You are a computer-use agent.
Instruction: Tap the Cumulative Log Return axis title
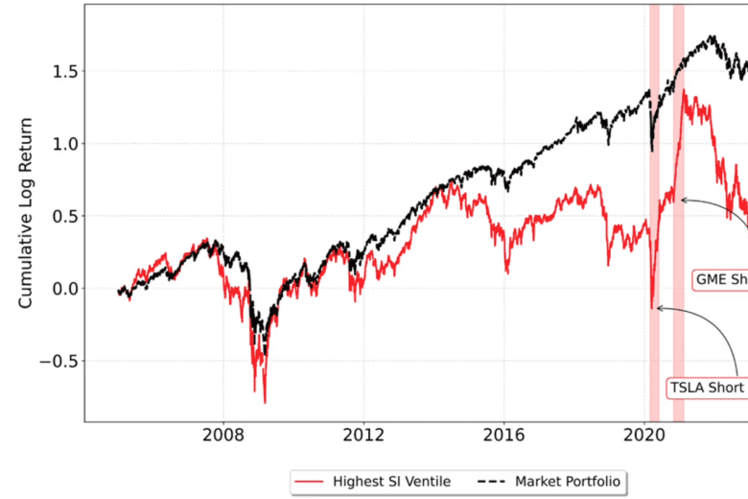click(x=26, y=213)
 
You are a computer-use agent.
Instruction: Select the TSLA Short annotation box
click(x=708, y=389)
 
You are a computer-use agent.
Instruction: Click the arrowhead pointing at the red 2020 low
click(x=657, y=308)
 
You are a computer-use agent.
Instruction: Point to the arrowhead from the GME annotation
click(x=681, y=200)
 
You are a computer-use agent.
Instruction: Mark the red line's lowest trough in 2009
click(x=264, y=402)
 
